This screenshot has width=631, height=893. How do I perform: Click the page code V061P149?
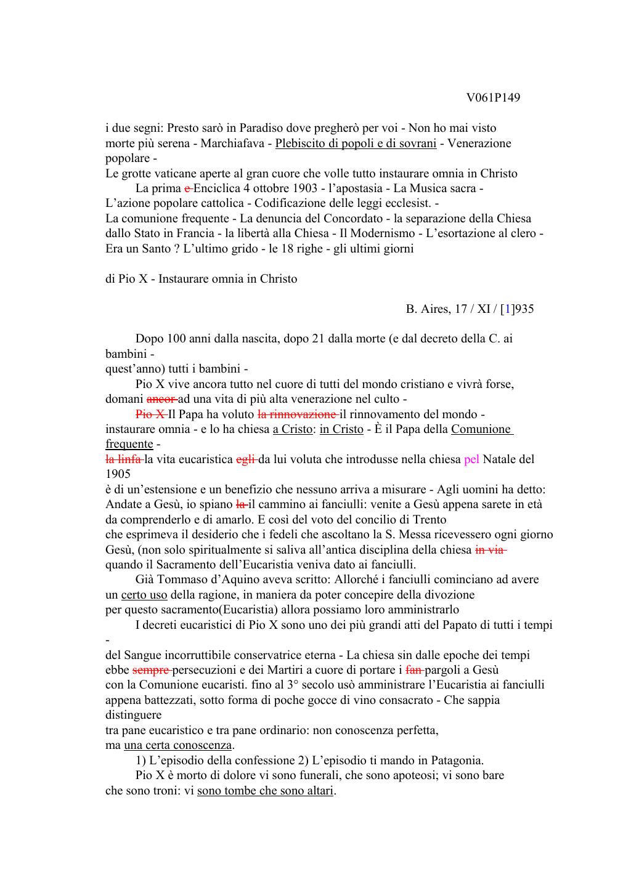click(x=493, y=98)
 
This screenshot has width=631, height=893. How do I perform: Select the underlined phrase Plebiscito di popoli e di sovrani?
click(x=356, y=143)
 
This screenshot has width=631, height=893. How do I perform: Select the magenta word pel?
click(x=471, y=459)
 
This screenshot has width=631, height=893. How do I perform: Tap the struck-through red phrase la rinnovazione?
click(x=298, y=414)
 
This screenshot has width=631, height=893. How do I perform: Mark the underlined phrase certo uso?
click(x=144, y=595)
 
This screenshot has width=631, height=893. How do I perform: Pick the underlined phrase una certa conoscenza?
click(x=177, y=745)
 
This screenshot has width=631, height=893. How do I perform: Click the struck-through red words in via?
click(x=491, y=550)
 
